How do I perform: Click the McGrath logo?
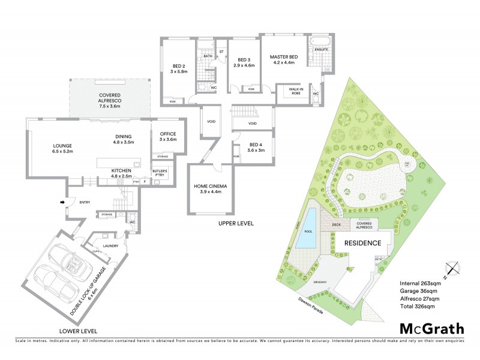[x=431, y=328]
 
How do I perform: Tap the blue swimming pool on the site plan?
[x=309, y=228]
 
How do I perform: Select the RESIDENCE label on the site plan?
[x=362, y=243]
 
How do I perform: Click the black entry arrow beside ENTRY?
[x=62, y=202]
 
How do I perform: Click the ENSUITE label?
[x=321, y=49]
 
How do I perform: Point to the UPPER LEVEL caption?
[x=236, y=223]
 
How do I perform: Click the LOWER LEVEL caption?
[x=79, y=331]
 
